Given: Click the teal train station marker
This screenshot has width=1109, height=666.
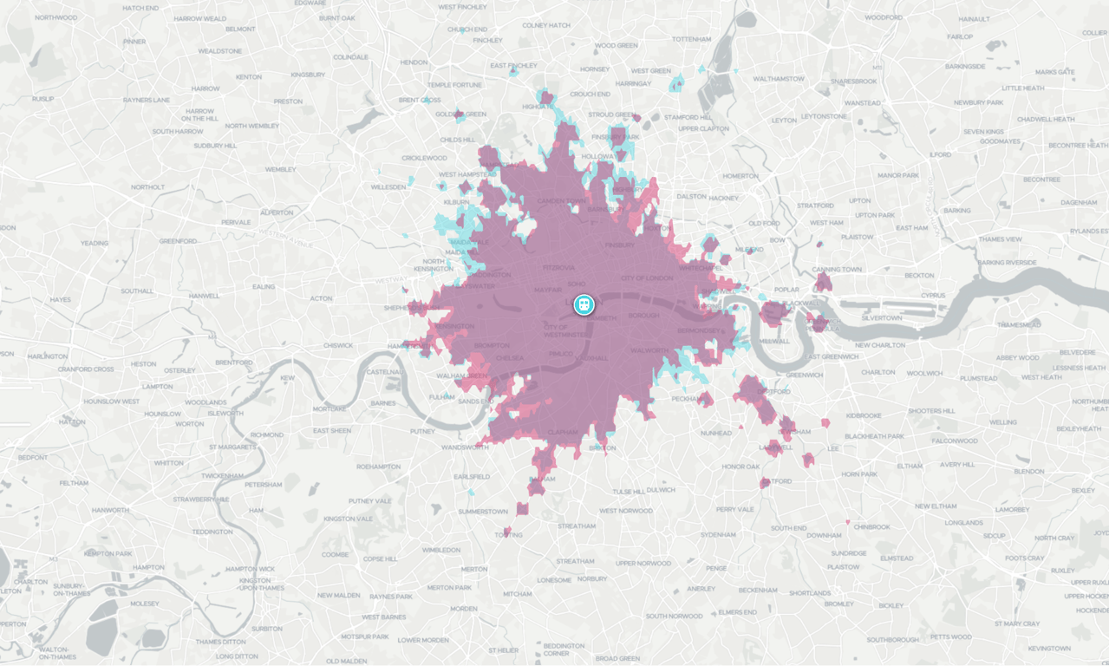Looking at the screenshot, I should (584, 304).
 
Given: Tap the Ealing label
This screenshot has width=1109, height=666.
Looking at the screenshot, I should (263, 286).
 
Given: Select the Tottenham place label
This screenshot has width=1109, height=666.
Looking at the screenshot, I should (691, 39).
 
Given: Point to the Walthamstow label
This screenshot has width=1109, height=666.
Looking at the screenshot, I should (779, 78).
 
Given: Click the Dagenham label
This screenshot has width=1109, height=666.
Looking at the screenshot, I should (1079, 202).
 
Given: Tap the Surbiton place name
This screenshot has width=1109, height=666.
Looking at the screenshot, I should (267, 628).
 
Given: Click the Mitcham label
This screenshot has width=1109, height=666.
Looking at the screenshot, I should (517, 594).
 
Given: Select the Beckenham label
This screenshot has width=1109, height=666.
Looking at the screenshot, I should (758, 590).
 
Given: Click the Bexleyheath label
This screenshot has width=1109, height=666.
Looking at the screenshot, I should (1079, 428).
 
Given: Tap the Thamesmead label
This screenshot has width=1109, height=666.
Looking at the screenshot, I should (1018, 324).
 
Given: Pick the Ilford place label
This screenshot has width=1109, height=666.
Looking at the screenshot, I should (940, 154).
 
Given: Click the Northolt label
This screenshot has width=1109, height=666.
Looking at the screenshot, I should (147, 186).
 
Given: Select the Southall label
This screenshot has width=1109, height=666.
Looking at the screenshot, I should (137, 291).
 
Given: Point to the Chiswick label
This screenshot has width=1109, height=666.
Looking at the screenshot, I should (338, 344).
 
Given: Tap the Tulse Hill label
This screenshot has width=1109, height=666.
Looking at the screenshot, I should (628, 492).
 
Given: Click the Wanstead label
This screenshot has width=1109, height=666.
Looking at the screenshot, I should (862, 102).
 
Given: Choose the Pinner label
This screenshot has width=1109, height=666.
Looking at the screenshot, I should (134, 41).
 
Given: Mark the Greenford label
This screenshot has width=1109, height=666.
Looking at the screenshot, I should (178, 240).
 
